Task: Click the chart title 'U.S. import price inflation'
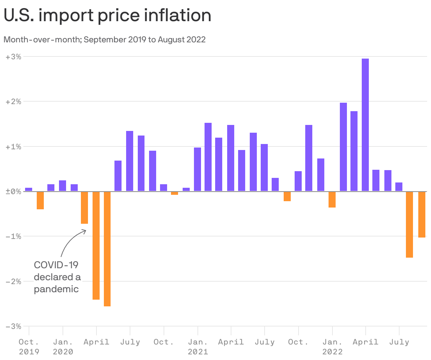pyautogui.click(x=107, y=16)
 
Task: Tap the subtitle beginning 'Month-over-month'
pyautogui.click(x=105, y=40)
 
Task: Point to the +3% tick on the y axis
pyautogui.click(x=13, y=56)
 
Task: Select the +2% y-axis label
pyautogui.click(x=13, y=102)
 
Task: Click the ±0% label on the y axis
pyautogui.click(x=13, y=192)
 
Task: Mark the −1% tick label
pyautogui.click(x=13, y=236)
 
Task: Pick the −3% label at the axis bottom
pyautogui.click(x=13, y=326)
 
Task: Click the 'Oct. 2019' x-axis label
pyautogui.click(x=29, y=347)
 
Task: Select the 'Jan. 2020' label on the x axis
pyautogui.click(x=63, y=347)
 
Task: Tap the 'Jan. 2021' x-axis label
pyautogui.click(x=198, y=347)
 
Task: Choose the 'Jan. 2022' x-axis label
pyautogui.click(x=332, y=347)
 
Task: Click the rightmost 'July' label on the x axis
pyautogui.click(x=399, y=342)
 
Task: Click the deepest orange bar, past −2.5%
pyautogui.click(x=107, y=248)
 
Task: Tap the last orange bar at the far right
pyautogui.click(x=421, y=214)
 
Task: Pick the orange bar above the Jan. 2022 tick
pyautogui.click(x=332, y=199)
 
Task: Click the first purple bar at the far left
pyautogui.click(x=29, y=190)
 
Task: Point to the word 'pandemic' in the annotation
pyautogui.click(x=56, y=289)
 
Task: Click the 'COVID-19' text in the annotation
pyautogui.click(x=56, y=265)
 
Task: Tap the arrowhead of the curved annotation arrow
pyautogui.click(x=85, y=231)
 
